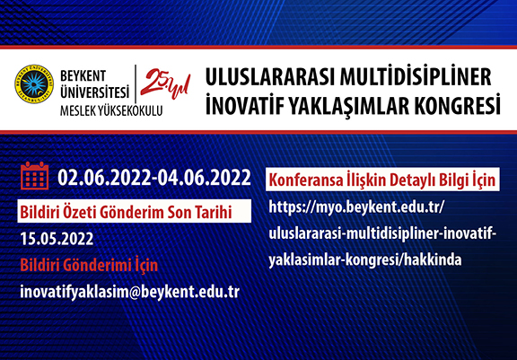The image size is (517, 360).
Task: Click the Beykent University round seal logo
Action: click(x=34, y=84)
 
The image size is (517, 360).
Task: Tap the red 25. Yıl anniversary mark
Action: click(x=165, y=83)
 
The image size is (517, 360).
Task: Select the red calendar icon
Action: click(x=35, y=176)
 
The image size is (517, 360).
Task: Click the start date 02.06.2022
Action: click(x=104, y=178)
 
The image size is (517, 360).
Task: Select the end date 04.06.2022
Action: click(x=204, y=178)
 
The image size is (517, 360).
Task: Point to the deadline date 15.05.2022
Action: click(x=57, y=239)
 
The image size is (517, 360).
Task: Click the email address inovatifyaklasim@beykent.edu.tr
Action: click(x=129, y=292)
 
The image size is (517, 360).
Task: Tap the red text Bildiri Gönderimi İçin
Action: click(x=89, y=265)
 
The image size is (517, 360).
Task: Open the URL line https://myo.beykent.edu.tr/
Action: click(x=356, y=207)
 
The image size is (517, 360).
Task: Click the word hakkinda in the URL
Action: click(x=433, y=259)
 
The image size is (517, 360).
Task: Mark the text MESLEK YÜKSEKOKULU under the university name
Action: click(x=111, y=110)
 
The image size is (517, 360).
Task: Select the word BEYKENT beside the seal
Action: click(x=83, y=76)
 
